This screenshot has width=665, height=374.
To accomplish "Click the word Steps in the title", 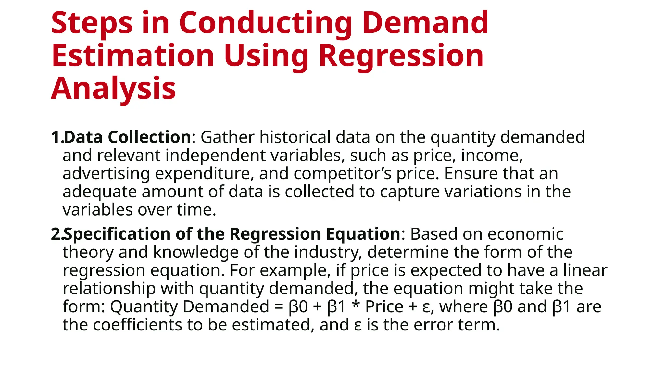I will point(92,23).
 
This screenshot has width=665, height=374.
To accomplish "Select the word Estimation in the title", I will point(132,56).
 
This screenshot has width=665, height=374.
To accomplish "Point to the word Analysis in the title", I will point(113,89).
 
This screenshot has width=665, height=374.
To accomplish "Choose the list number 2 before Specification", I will point(56,234).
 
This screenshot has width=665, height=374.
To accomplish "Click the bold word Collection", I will point(149,137).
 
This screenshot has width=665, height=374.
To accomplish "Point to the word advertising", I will point(106,174).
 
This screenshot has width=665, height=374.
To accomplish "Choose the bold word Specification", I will point(117,234).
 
